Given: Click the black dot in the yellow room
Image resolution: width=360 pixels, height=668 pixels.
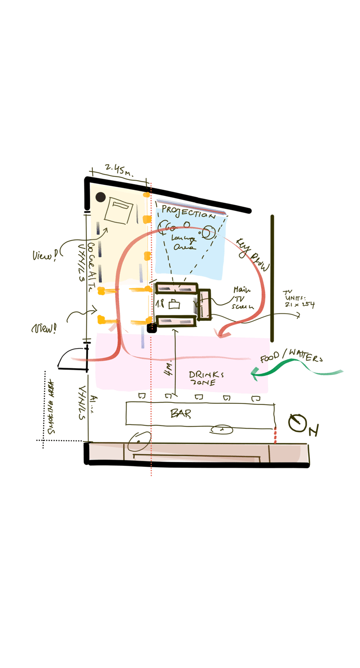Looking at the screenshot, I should pos(101,197).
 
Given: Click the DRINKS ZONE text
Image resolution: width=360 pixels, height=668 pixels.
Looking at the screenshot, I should pos(206,378).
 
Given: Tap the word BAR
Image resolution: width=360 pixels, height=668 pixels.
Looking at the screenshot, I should pos(180,414).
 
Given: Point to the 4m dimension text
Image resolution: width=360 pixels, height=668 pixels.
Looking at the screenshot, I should pos(168,368).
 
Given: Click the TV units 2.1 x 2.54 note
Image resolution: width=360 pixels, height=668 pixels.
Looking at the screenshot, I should pos(298,300).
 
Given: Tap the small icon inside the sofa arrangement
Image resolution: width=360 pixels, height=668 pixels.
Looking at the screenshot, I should pos(174,304).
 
